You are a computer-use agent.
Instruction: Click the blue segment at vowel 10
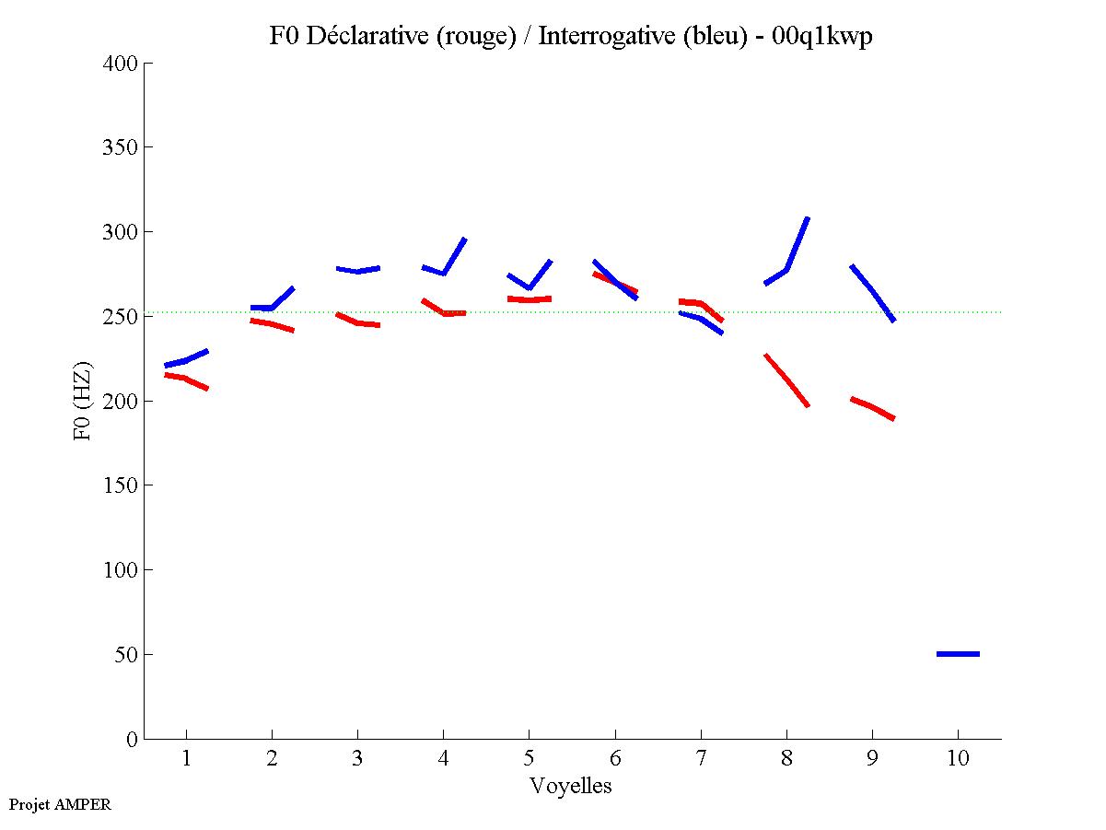(x=958, y=654)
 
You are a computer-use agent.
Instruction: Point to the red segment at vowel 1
(x=186, y=378)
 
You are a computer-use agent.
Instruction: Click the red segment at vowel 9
(x=872, y=407)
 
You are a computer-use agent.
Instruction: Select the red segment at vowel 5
(x=529, y=299)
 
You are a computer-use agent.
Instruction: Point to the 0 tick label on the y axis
(x=133, y=739)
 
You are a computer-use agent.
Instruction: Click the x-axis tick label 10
(x=958, y=760)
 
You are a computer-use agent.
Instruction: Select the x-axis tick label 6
(x=614, y=760)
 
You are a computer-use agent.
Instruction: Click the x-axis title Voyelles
(x=571, y=786)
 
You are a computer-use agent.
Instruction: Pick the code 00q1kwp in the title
(x=822, y=36)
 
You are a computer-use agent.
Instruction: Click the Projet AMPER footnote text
(x=60, y=804)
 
